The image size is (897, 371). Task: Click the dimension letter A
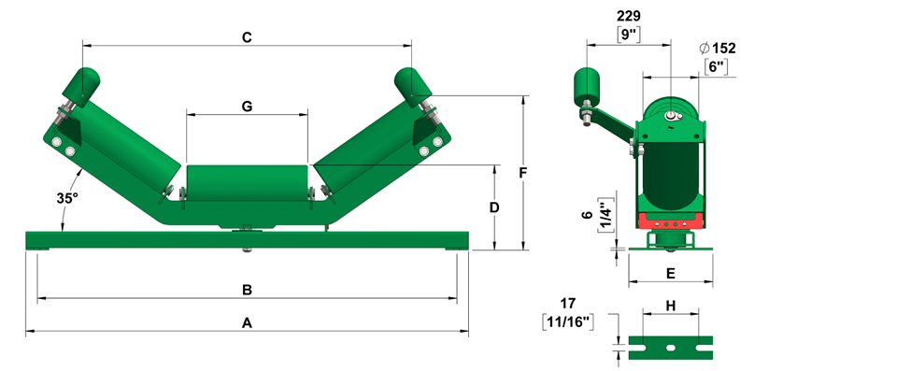247,323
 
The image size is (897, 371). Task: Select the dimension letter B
247,291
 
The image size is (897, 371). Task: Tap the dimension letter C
247,37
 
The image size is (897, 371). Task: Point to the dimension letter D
494,207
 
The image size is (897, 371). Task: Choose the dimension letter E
671,274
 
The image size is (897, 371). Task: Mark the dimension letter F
522,172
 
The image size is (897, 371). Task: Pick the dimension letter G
247,106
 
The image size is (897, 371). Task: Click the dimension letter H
671,307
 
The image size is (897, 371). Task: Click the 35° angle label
67,198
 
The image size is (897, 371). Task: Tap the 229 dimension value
629,16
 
